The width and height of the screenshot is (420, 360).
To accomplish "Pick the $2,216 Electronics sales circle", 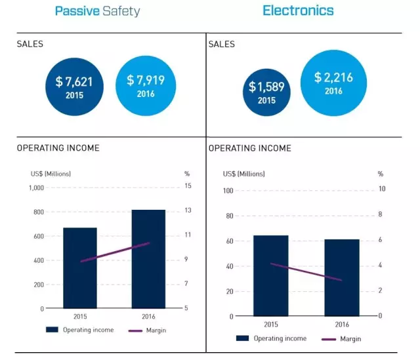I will click(333, 83).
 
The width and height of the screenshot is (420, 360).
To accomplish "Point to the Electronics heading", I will click(298, 10).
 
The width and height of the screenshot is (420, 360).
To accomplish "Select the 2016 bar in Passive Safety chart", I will click(149, 259).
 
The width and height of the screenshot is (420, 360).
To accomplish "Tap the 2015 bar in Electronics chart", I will click(271, 276).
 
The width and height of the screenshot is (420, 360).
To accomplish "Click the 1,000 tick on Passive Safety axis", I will click(35, 188).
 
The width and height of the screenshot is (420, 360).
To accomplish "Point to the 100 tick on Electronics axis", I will click(228, 191).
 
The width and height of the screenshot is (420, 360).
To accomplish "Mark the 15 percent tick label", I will click(188, 187).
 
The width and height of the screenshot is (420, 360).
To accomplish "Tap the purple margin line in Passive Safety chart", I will click(115, 252).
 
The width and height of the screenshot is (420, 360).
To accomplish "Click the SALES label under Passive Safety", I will click(30, 45).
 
